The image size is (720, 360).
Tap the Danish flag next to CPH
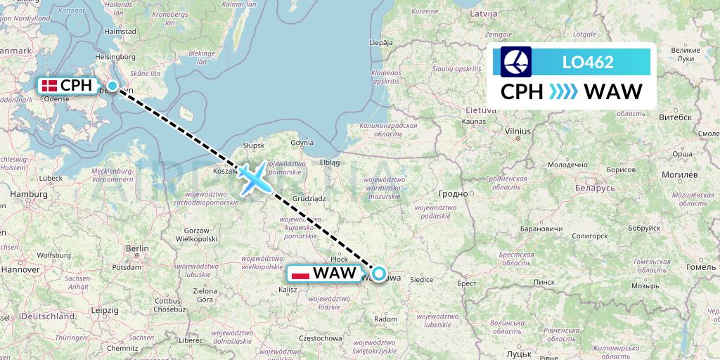(49, 86)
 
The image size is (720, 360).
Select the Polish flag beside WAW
(301, 274)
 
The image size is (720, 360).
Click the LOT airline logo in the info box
(516, 61)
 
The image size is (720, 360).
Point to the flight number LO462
(588, 62)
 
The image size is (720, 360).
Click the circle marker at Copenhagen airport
(112, 86)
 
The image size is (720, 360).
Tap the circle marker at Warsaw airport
(379, 274)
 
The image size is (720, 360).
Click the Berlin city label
(137, 248)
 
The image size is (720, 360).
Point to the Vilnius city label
(517, 131)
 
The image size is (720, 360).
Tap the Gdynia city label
(302, 142)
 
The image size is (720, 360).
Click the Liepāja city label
(380, 42)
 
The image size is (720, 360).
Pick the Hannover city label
(19, 269)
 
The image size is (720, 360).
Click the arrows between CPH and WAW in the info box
(562, 92)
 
